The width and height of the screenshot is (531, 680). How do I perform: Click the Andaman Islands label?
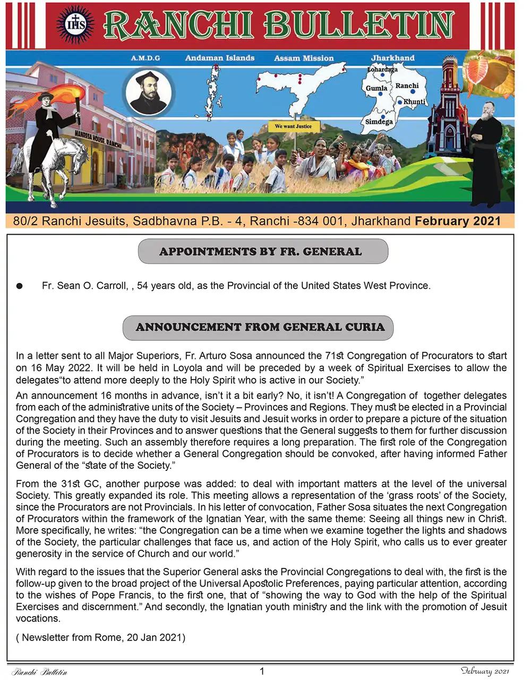tap(219, 58)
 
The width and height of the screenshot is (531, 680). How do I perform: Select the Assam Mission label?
tap(304, 58)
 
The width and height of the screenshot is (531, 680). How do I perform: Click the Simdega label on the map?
tap(379, 122)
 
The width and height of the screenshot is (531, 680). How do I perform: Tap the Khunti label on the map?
tap(414, 101)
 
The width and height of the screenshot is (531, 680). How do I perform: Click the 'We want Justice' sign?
tap(293, 126)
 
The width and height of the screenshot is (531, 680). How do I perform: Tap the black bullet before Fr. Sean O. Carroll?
tap(20, 286)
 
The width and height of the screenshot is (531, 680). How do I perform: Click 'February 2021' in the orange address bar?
tap(458, 221)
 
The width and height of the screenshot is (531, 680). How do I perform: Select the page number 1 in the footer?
tap(262, 672)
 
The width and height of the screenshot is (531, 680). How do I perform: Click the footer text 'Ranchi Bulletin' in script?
tap(40, 672)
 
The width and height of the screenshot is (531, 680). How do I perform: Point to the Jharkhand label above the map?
tap(392, 57)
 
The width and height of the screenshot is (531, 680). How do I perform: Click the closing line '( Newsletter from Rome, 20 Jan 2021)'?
tap(101, 638)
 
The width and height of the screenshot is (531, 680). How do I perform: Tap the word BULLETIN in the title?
tap(359, 24)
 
